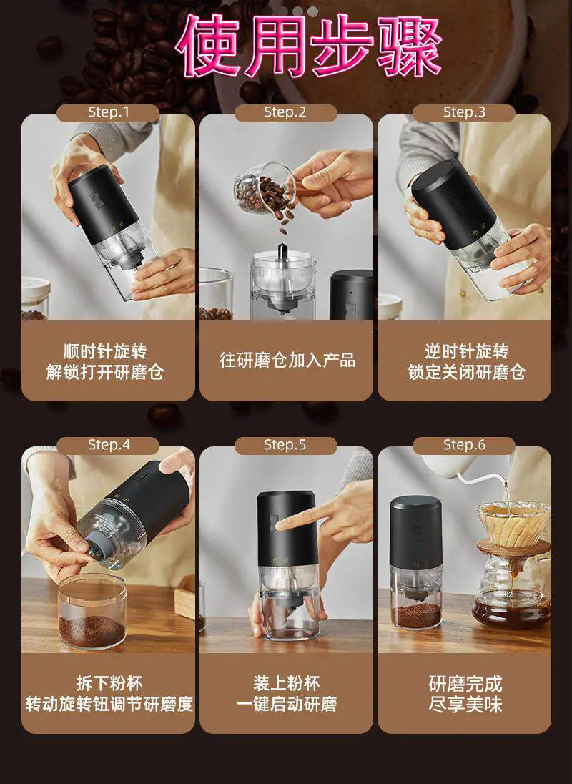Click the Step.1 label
coord(109,112)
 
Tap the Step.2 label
coord(285,112)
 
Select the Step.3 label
coord(464,112)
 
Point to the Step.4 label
coord(109,444)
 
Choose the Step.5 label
coord(285,444)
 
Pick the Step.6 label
coord(464,444)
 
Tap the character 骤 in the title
coord(410,45)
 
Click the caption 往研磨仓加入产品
coord(287,360)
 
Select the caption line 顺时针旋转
coord(105,351)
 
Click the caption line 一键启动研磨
coord(287,704)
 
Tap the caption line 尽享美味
coord(465,704)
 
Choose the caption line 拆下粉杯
coord(109,683)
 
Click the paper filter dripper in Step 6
coord(513,524)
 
